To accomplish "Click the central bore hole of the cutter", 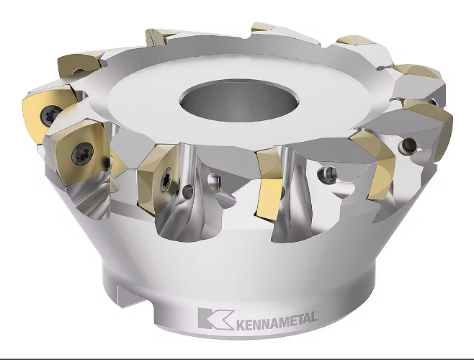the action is click(x=239, y=100).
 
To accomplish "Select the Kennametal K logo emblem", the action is click(x=216, y=318).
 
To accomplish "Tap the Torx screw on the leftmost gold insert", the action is click(x=49, y=115).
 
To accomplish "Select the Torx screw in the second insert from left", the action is click(x=83, y=153).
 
